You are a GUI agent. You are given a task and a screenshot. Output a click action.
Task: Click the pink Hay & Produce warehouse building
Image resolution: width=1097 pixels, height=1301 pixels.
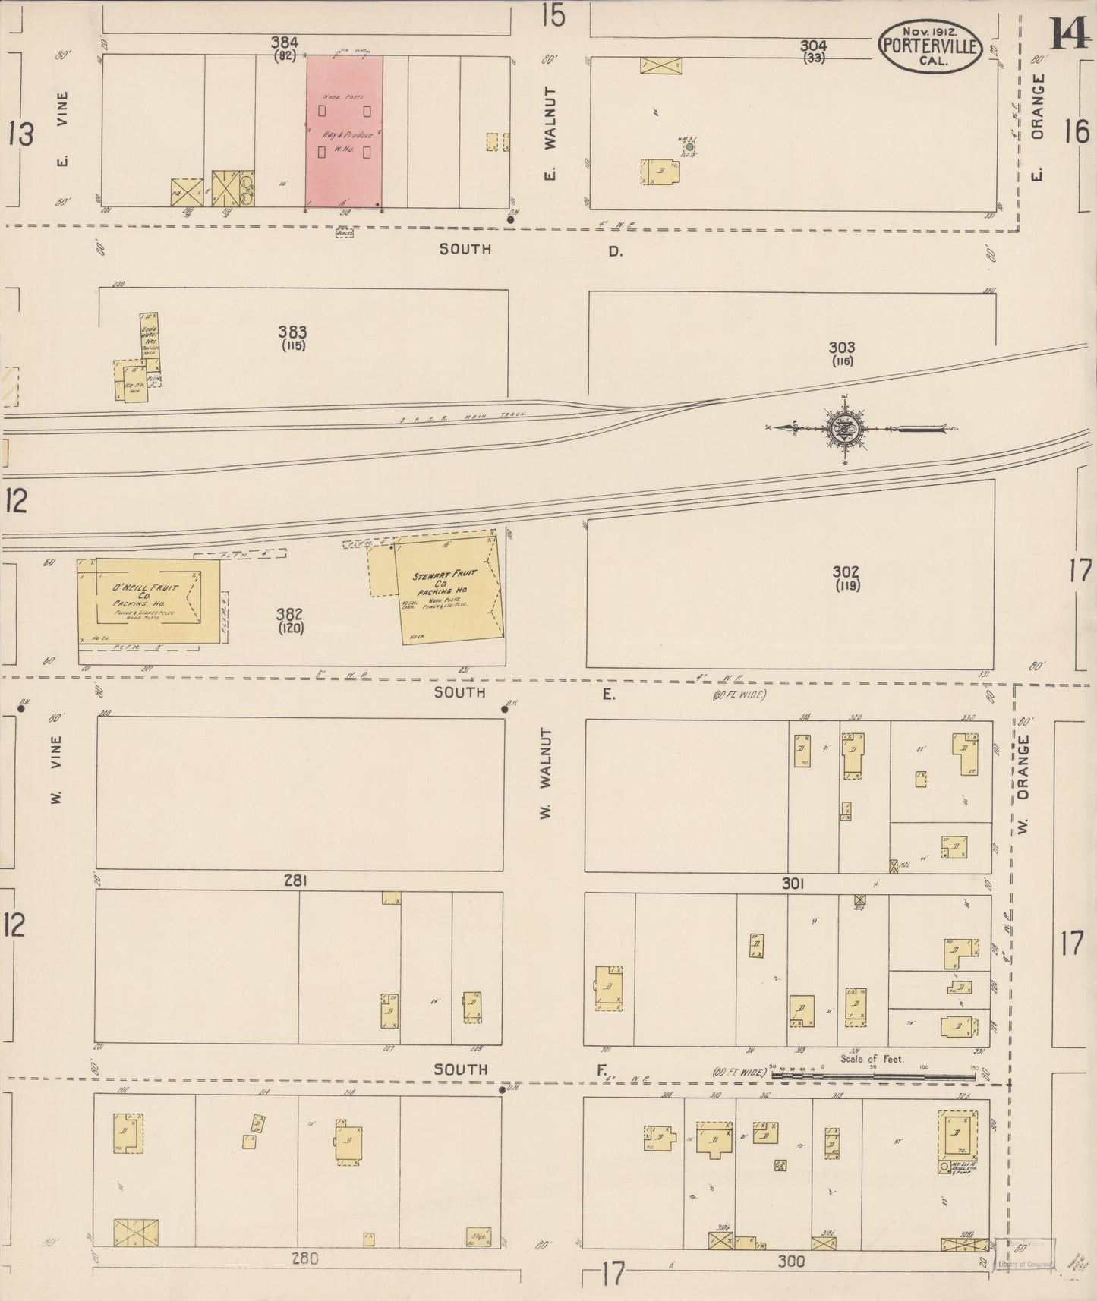click(x=344, y=131)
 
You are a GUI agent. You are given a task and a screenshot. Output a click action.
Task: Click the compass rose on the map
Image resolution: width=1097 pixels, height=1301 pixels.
click(x=845, y=430)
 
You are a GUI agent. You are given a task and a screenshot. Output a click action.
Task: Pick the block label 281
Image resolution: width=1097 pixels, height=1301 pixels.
click(x=295, y=880)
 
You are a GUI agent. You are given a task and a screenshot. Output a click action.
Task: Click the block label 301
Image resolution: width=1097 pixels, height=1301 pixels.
click(x=793, y=884)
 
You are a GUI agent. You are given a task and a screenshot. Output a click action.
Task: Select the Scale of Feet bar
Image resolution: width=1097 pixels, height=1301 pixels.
click(x=873, y=1073)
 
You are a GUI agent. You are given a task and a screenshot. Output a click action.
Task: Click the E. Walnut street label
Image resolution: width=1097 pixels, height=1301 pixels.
click(x=550, y=133)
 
